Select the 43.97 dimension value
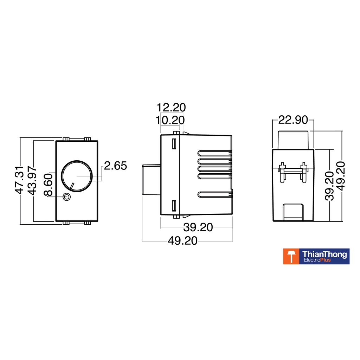[x=32, y=181]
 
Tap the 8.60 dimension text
[x=48, y=185]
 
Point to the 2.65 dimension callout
[x=115, y=166]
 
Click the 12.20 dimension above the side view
[x=171, y=108]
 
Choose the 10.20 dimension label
[x=170, y=120]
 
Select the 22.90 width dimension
[x=293, y=120]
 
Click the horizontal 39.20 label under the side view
[x=198, y=227]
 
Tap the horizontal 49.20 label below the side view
[x=182, y=241]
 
